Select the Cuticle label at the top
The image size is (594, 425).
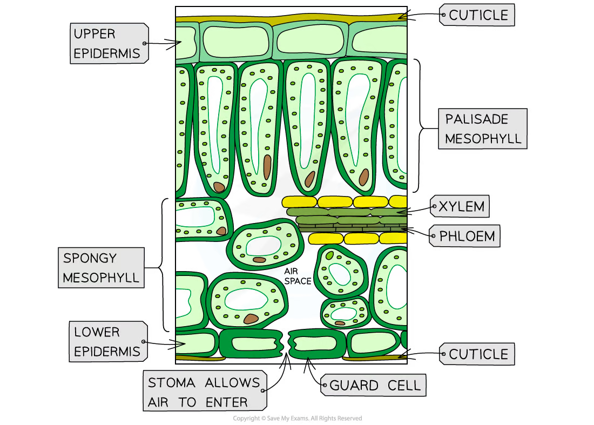[477, 15]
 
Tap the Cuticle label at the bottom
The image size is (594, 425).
[477, 354]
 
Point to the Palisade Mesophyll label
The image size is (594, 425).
[483, 129]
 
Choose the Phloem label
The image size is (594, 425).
[465, 236]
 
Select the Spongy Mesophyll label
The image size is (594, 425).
[101, 268]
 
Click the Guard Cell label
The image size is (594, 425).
[374, 386]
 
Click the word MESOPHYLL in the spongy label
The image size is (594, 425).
[101, 278]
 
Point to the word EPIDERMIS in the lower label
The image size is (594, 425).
[107, 352]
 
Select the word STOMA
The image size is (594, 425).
[171, 382]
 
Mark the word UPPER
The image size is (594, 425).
[94, 33]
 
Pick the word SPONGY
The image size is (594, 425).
[90, 258]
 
